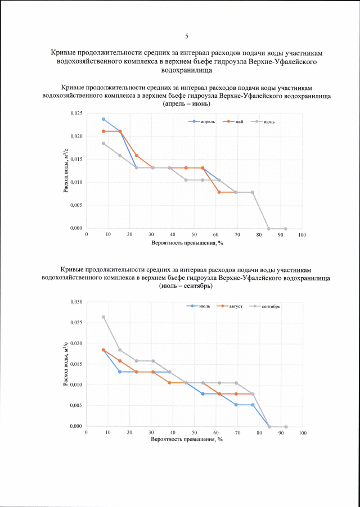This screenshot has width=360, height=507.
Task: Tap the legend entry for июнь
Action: (x=268, y=122)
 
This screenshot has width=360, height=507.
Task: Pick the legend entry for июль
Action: (x=204, y=306)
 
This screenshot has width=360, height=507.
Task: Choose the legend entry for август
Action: (x=235, y=306)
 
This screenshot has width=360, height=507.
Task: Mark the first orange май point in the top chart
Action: (x=103, y=132)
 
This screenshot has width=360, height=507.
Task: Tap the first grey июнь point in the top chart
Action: (x=103, y=143)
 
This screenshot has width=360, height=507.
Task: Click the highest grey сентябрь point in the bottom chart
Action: (x=103, y=317)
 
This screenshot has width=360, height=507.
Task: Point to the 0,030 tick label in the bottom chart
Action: (x=76, y=302)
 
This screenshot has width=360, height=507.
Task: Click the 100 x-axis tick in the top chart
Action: (x=302, y=234)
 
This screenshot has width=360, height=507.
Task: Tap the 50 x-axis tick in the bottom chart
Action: (x=194, y=433)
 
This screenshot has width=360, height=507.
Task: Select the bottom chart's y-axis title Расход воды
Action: (x=66, y=364)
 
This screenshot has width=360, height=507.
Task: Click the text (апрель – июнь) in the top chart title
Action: (x=187, y=104)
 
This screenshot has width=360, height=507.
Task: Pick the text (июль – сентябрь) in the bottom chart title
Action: (x=186, y=286)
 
